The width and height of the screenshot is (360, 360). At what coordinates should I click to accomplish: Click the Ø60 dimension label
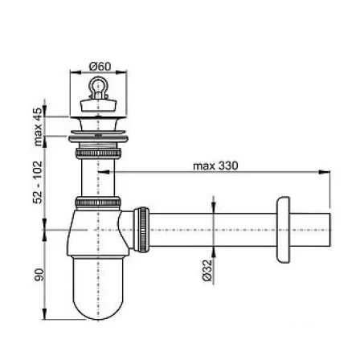[100, 67]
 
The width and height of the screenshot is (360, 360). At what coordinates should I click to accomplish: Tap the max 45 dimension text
[38, 126]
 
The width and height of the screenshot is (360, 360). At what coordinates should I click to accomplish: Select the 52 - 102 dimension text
[38, 182]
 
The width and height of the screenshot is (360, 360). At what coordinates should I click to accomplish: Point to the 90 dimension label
[39, 275]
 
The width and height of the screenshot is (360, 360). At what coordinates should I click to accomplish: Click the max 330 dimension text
[215, 166]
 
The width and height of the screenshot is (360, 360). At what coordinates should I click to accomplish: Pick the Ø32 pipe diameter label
[207, 270]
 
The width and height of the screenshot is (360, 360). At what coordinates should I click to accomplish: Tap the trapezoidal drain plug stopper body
[99, 104]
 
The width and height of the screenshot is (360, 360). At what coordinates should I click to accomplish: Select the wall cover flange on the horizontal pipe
[283, 230]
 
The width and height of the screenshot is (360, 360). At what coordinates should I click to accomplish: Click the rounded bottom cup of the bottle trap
[98, 288]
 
